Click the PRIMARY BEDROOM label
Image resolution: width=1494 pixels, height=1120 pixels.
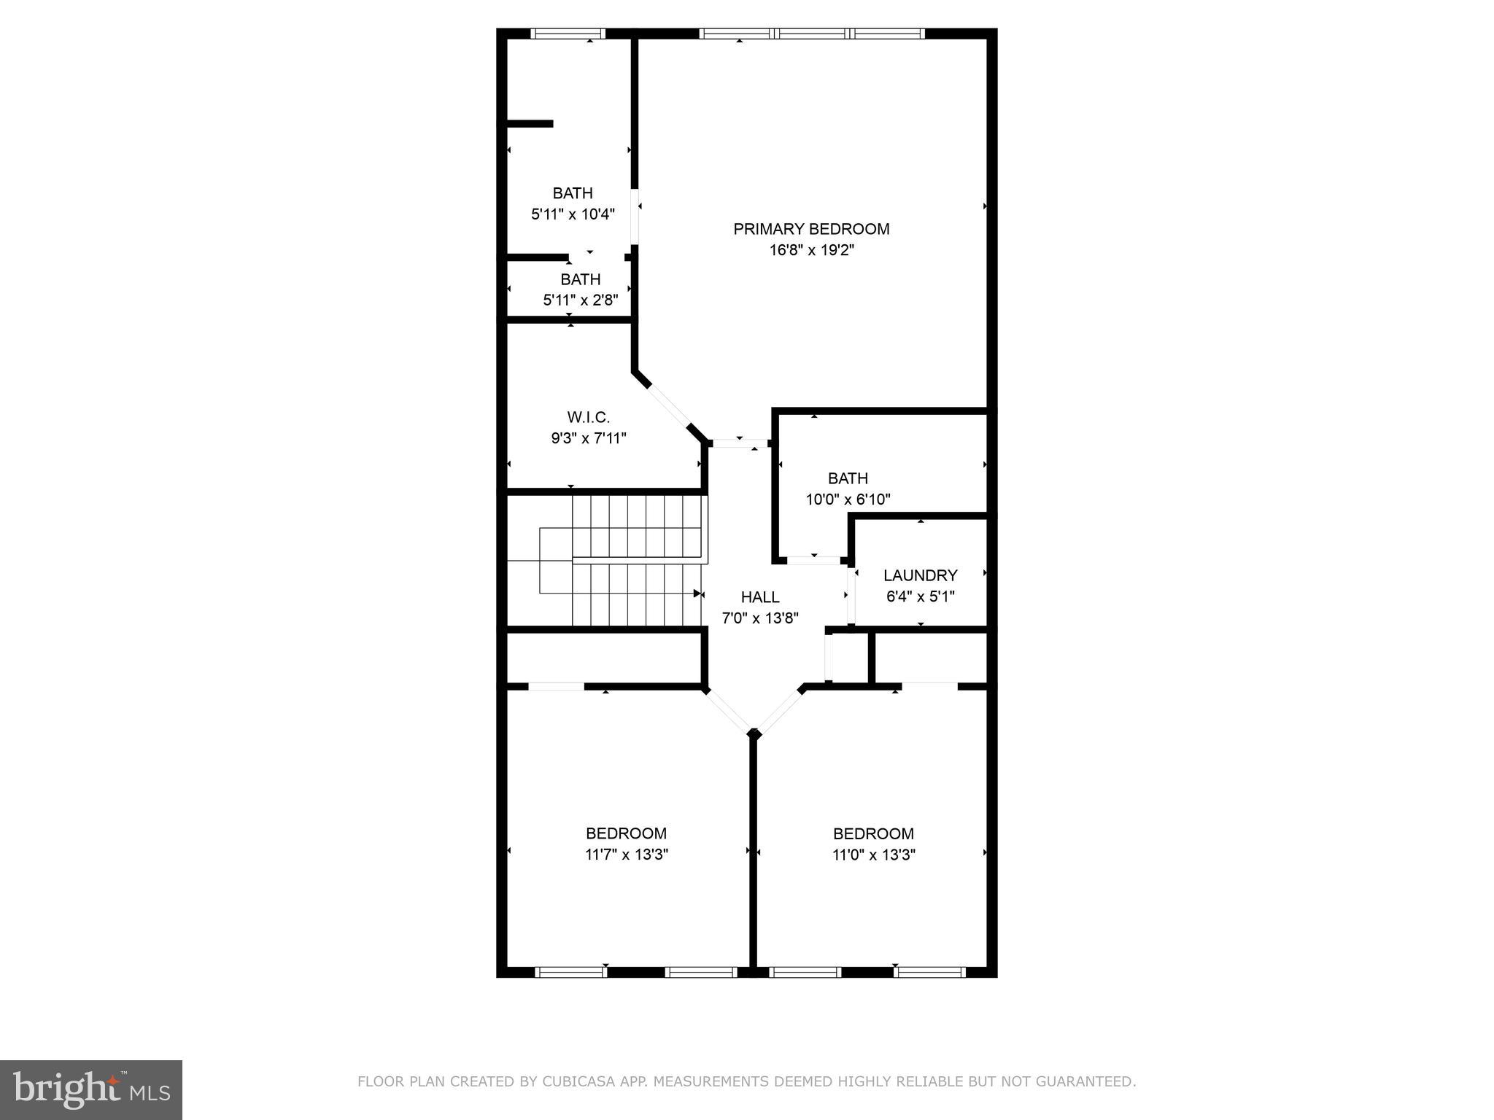(811, 229)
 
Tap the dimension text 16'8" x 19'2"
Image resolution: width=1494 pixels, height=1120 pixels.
(811, 250)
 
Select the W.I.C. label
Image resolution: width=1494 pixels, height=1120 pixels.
(588, 417)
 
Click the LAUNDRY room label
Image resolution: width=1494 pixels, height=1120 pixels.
(920, 575)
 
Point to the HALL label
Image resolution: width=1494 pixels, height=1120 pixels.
(760, 597)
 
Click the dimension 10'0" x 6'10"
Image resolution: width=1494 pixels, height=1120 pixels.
(848, 499)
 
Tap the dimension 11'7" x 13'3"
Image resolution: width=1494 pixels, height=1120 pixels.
(627, 855)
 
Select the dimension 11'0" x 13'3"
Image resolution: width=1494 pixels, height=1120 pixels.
(873, 855)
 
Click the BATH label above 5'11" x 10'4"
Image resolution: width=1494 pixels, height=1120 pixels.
(573, 193)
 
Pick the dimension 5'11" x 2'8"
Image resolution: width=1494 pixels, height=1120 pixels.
(581, 300)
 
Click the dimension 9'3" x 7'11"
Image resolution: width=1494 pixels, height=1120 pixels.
(588, 438)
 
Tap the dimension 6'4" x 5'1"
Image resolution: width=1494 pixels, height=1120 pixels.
(920, 596)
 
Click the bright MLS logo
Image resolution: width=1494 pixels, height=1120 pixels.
(90, 1089)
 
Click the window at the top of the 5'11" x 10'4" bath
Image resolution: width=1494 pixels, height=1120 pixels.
(568, 34)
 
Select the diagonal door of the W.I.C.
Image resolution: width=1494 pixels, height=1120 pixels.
(668, 405)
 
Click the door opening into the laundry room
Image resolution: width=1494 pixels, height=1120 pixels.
(851, 594)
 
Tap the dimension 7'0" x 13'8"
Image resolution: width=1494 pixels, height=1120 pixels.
(760, 618)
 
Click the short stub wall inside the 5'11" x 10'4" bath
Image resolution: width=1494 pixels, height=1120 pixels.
(530, 124)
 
